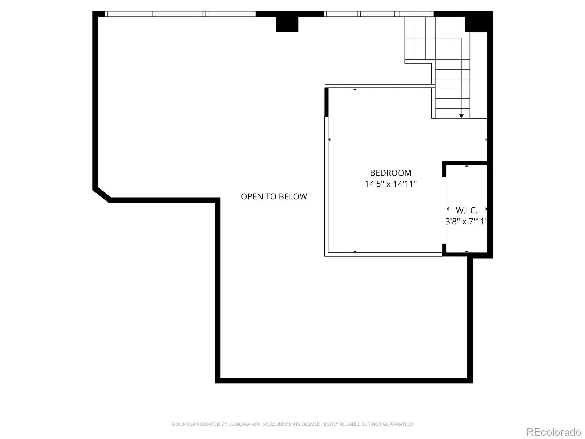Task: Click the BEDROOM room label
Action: click(390, 173)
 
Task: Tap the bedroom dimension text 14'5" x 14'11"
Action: click(390, 184)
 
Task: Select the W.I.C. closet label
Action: click(467, 211)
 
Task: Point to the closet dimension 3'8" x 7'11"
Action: click(466, 221)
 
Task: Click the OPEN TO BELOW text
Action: click(274, 196)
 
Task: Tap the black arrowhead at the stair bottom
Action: click(461, 116)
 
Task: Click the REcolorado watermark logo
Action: click(554, 432)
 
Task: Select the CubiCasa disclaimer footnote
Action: click(292, 424)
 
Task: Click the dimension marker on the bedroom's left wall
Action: click(329, 139)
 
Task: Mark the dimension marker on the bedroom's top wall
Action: click(355, 89)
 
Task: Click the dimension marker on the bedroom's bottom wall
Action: click(355, 252)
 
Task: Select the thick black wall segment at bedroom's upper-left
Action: click(326, 102)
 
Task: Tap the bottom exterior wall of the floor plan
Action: click(344, 380)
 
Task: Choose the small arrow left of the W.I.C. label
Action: click(448, 209)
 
